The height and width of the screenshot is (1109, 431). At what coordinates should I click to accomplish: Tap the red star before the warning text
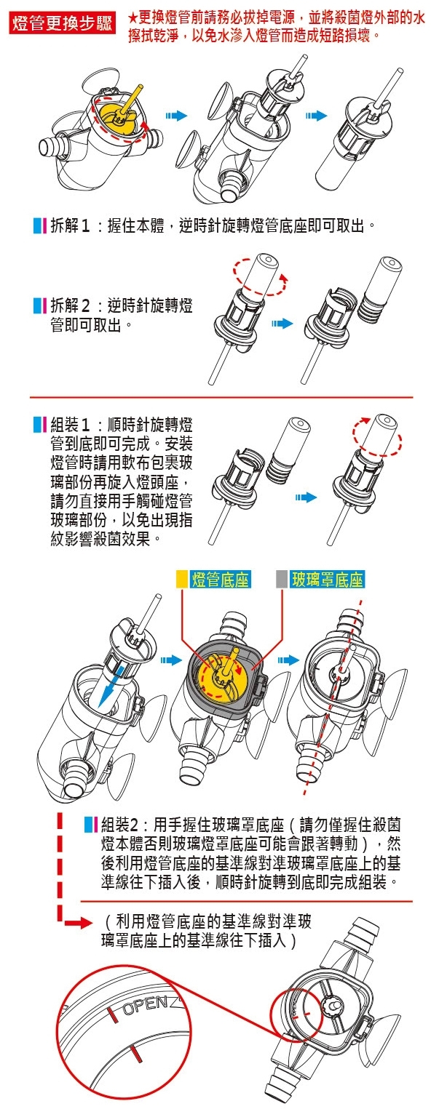[133, 19]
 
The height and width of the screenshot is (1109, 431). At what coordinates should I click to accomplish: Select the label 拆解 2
[70, 305]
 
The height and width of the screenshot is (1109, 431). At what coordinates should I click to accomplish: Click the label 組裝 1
[70, 425]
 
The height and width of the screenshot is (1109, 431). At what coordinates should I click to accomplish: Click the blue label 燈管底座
[221, 580]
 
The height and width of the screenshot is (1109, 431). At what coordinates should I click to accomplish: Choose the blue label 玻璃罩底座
[328, 580]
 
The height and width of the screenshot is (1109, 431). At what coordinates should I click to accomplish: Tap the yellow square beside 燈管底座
[182, 580]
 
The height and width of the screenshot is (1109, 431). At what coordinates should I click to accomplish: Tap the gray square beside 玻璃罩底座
[282, 580]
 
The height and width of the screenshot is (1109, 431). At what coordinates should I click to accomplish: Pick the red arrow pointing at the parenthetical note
[79, 923]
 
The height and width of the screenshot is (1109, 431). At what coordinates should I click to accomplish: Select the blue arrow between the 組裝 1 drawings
[306, 497]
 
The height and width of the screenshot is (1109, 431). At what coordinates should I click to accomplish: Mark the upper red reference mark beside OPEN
[112, 1014]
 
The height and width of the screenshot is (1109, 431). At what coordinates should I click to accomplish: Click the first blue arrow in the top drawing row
[177, 116]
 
